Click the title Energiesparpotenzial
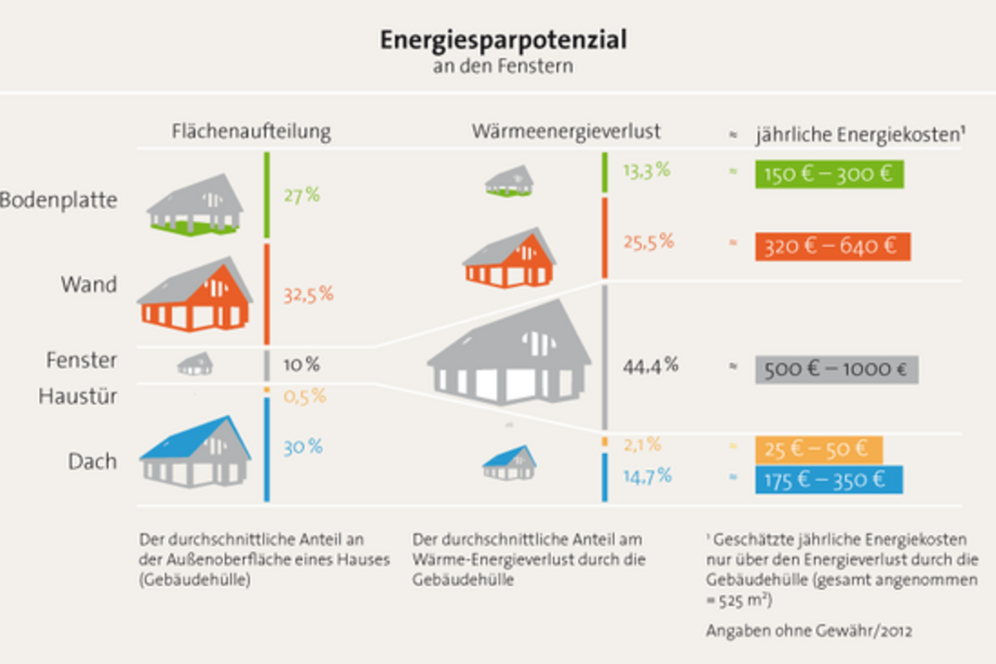503,40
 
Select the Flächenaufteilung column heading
251,131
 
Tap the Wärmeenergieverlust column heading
566,131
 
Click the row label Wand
89,285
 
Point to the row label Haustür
77,397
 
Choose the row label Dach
92,461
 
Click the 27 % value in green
301,196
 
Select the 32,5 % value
307,294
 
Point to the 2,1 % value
642,445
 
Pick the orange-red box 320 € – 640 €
832,247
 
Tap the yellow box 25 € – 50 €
818,449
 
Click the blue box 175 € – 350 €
829,480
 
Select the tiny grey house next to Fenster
196,364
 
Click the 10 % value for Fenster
300,364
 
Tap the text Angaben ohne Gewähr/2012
808,631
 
